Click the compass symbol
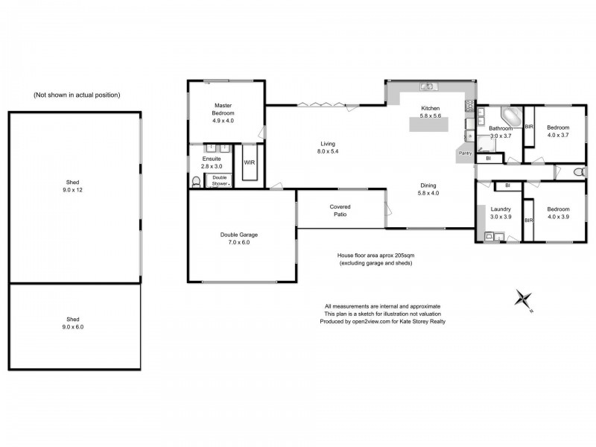click(524, 299)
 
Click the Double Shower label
click(220, 180)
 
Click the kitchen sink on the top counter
click(428, 86)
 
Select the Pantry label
click(466, 153)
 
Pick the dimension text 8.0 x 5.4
click(328, 151)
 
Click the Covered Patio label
click(340, 211)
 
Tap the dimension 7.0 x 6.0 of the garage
click(239, 243)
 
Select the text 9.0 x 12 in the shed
click(75, 190)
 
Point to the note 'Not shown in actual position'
click(77, 95)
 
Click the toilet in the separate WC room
click(579, 173)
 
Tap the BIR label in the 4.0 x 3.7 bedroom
click(529, 127)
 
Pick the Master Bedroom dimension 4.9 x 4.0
click(223, 120)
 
